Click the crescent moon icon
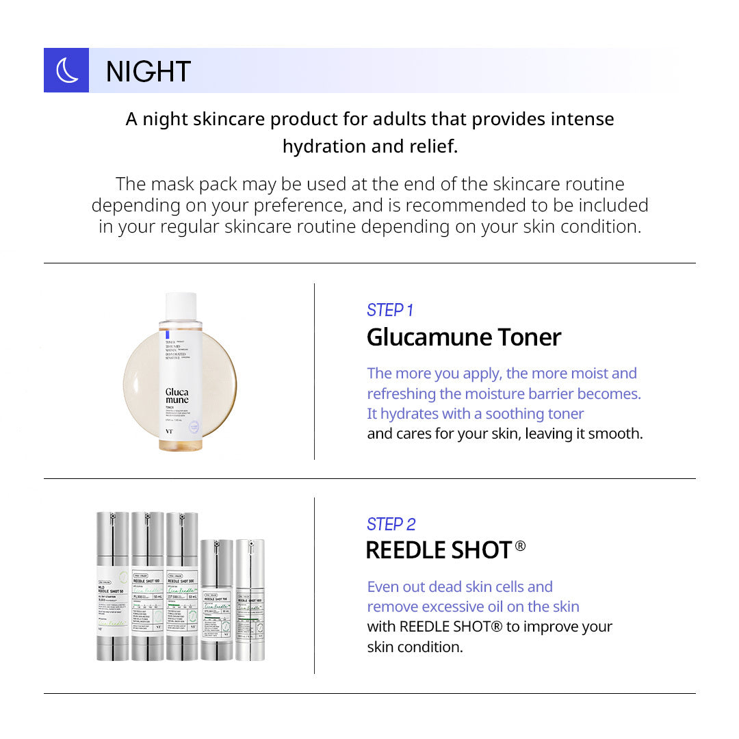[x=66, y=70]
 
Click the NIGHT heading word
[x=148, y=71]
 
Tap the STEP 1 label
[x=390, y=310]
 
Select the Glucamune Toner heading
[x=464, y=337]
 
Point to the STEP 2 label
[x=391, y=524]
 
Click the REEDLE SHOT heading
[x=439, y=550]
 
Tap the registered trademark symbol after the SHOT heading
[x=520, y=546]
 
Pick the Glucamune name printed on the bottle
[x=177, y=396]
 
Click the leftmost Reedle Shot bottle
[x=112, y=586]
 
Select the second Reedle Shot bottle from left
[x=147, y=586]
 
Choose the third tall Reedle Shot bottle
[x=182, y=586]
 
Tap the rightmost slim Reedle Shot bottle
[x=250, y=600]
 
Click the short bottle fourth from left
[x=217, y=600]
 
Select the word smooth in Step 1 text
[x=619, y=433]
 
